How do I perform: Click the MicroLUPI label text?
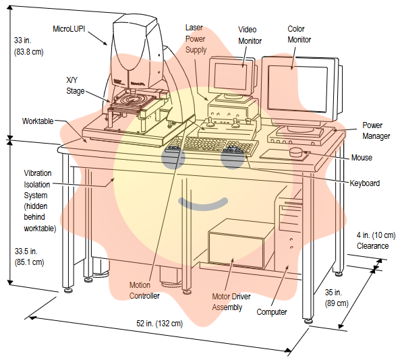tap(69, 29)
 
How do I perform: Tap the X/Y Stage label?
tap(75, 86)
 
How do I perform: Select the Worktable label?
tap(38, 121)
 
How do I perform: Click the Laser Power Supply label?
tap(196, 38)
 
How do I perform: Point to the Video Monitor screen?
tap(231, 76)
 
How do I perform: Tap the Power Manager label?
tap(376, 131)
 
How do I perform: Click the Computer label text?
tap(272, 312)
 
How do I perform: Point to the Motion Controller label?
tap(144, 291)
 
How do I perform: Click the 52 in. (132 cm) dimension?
tap(159, 324)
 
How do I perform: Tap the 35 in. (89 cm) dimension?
tap(337, 298)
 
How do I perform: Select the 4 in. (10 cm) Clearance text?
tap(376, 241)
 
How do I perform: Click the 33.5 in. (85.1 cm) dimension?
tap(29, 257)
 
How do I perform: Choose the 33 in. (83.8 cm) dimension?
tap(28, 46)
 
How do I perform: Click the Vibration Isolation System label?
tap(40, 201)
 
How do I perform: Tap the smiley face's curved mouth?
tap(203, 204)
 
